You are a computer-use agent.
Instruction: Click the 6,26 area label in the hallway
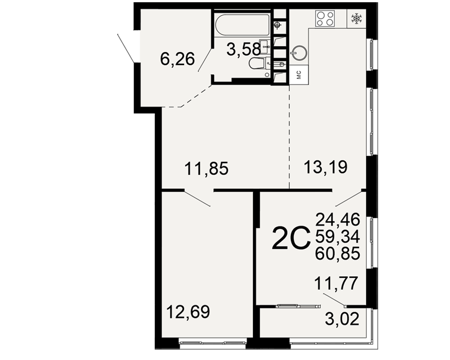177,59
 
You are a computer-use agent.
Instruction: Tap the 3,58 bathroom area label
243,49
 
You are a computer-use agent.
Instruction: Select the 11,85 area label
207,168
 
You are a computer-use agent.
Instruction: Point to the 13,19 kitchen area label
325,167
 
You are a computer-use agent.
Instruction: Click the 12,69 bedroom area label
188,312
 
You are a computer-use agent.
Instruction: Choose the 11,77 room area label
336,283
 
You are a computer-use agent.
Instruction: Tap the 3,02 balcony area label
342,319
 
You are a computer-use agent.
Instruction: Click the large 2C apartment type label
291,238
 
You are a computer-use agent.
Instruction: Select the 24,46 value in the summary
337,220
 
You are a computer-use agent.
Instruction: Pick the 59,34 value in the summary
337,237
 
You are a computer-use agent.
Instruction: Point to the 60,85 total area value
337,253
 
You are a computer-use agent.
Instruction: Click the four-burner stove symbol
325,18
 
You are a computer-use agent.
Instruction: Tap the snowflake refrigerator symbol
356,18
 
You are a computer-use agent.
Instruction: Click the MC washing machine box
299,75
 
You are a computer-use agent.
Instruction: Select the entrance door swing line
126,48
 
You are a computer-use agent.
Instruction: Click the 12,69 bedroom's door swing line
197,198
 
